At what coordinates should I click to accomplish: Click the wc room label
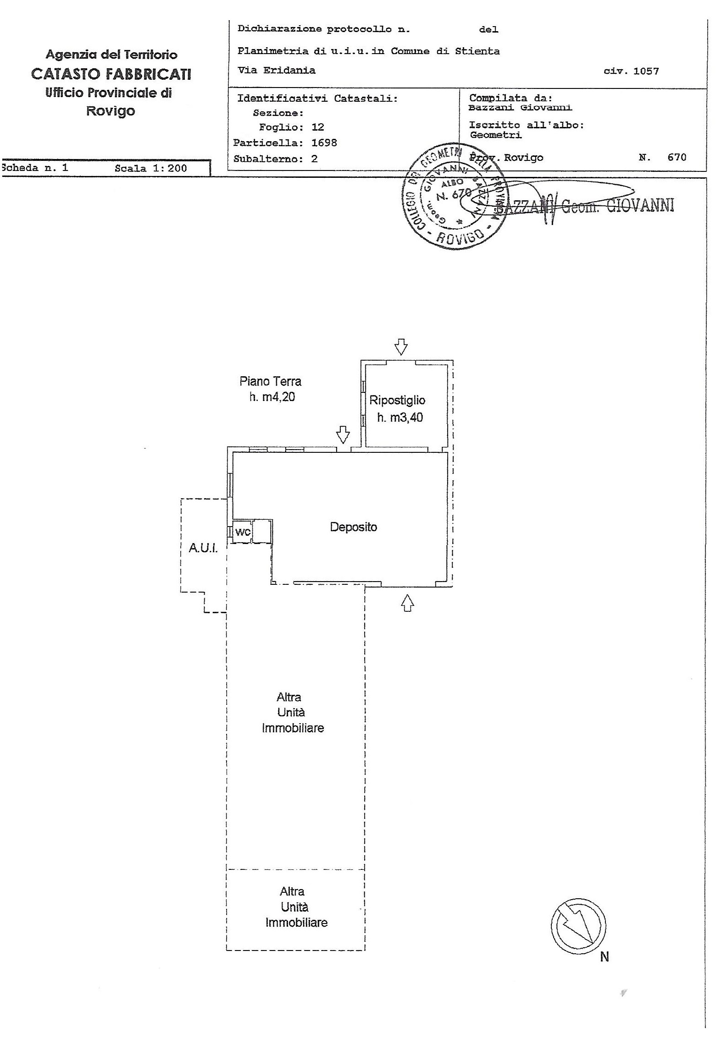[x=243, y=532]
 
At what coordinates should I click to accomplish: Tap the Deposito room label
[x=353, y=527]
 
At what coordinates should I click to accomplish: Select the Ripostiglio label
[x=397, y=400]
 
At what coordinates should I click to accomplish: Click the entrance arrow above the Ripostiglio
[x=401, y=347]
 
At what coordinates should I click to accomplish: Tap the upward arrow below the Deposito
[x=407, y=603]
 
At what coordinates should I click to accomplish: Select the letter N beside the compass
[x=605, y=957]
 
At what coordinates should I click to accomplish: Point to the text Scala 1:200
[x=151, y=168]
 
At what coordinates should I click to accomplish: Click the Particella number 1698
[x=324, y=143]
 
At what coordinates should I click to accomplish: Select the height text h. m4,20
[x=272, y=397]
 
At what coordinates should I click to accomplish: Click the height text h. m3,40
[x=400, y=418]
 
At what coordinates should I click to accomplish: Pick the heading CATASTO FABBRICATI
[x=111, y=74]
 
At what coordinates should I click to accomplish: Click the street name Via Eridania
[x=276, y=71]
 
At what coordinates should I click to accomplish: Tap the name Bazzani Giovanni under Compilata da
[x=520, y=108]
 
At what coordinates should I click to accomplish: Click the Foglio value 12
[x=317, y=127]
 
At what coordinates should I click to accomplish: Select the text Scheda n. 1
[x=35, y=168]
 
